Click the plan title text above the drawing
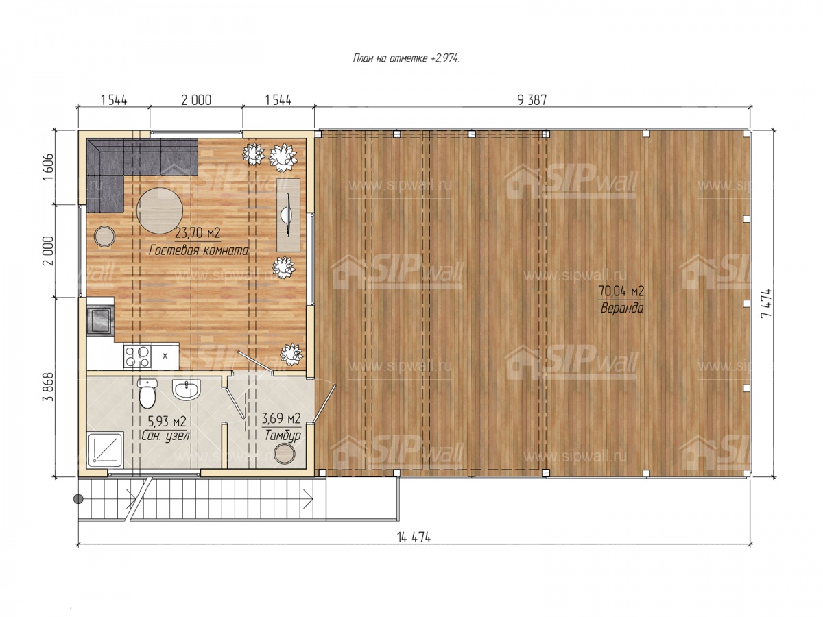click(406, 58)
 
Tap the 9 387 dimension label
click(532, 100)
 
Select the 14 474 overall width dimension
click(414, 537)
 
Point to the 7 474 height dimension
click(766, 303)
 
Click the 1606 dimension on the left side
click(49, 167)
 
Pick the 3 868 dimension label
click(49, 387)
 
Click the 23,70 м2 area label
click(198, 233)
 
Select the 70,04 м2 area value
click(621, 291)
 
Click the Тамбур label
click(283, 435)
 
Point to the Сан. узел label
click(166, 435)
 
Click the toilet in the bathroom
click(147, 393)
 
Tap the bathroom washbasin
click(187, 390)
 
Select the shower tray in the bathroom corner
click(106, 450)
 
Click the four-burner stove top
click(138, 356)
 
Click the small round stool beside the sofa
click(105, 237)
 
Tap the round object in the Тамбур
click(285, 454)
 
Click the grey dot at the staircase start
click(78, 498)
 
